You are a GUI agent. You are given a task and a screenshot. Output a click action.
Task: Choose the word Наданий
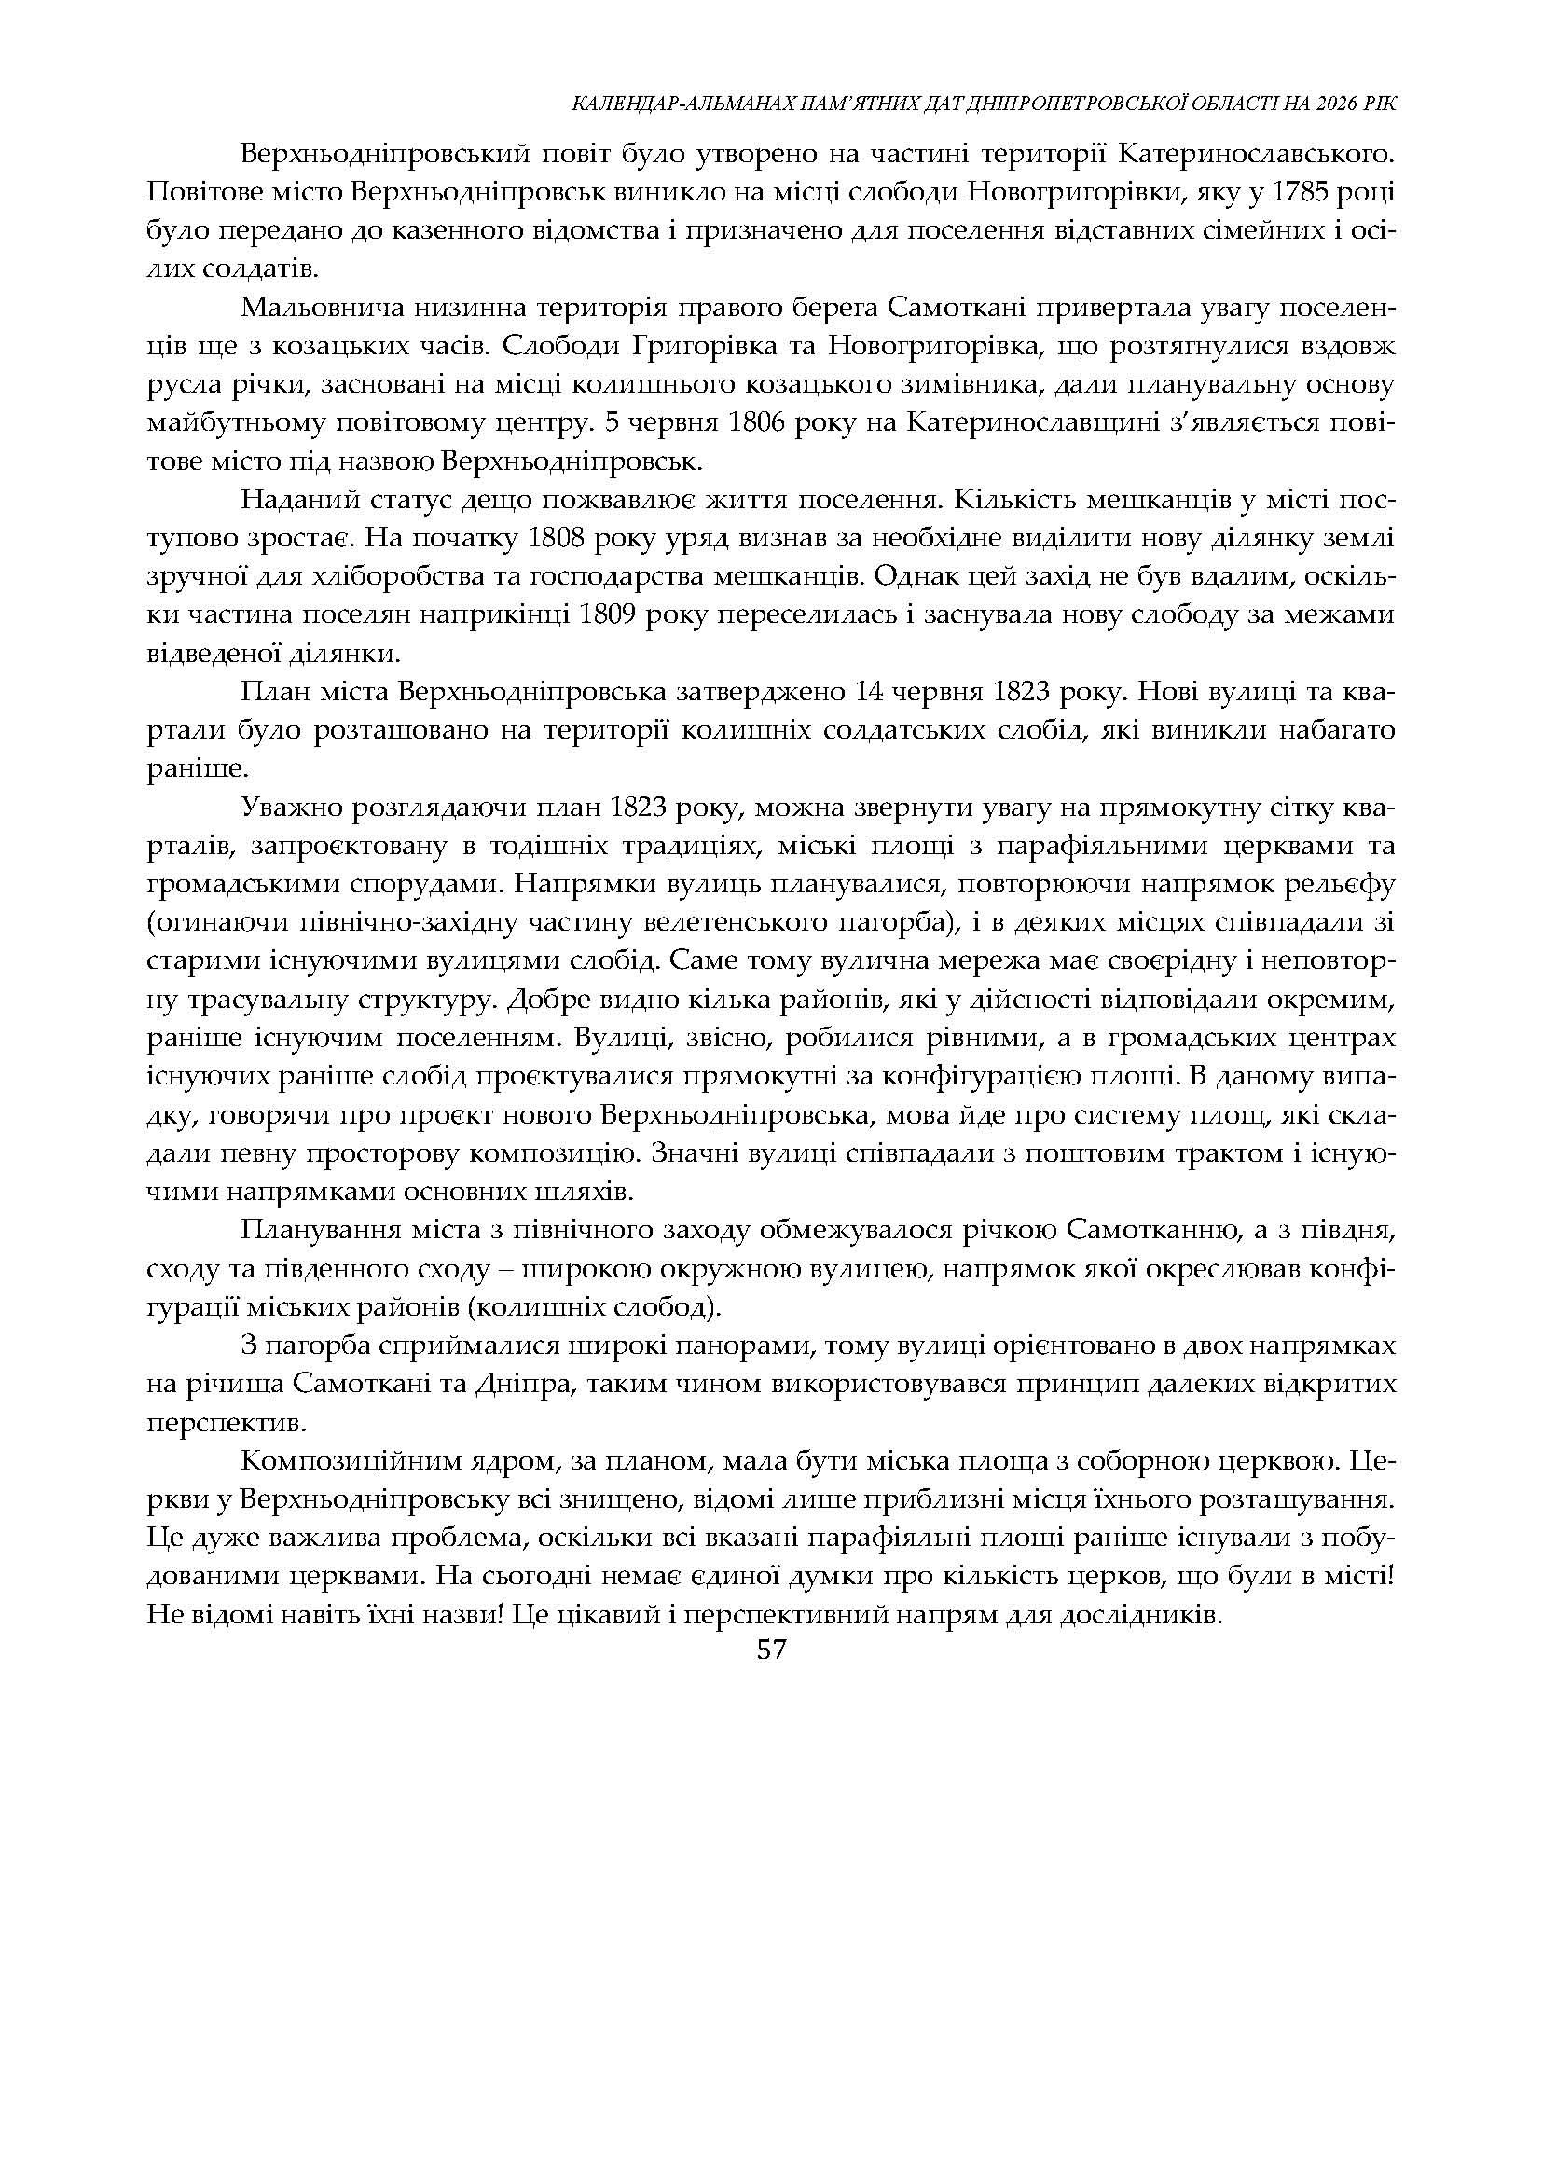click(x=289, y=501)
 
